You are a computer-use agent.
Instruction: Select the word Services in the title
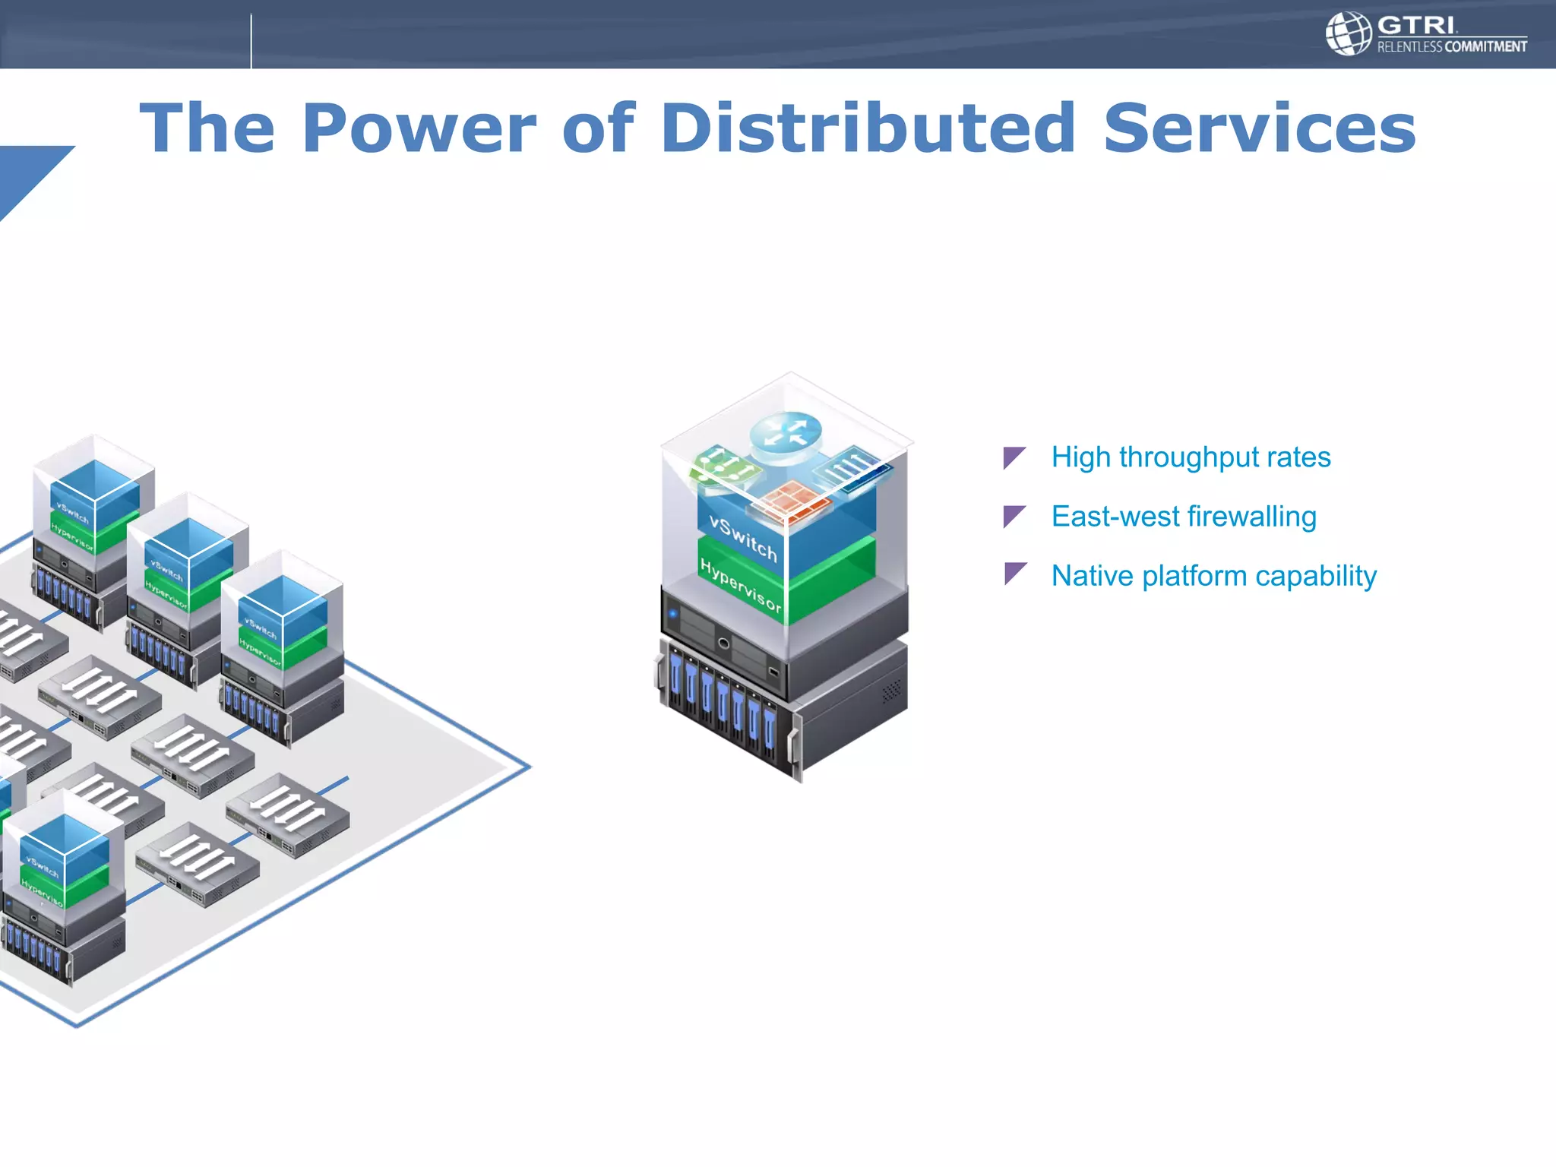pos(1259,128)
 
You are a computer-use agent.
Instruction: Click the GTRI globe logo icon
pos(1348,33)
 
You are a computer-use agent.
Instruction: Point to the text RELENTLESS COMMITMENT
pos(1452,47)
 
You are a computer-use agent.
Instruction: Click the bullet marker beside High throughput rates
pos(1014,457)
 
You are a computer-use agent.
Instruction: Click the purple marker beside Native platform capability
pos(1014,574)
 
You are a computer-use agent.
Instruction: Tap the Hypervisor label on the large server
pos(741,586)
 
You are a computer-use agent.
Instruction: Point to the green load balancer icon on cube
pos(723,466)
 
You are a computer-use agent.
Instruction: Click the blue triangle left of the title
pos(27,173)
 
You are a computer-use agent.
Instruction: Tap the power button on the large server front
pos(723,644)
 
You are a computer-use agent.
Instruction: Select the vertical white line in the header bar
pos(251,41)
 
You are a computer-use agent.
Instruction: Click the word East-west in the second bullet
pos(1115,517)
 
